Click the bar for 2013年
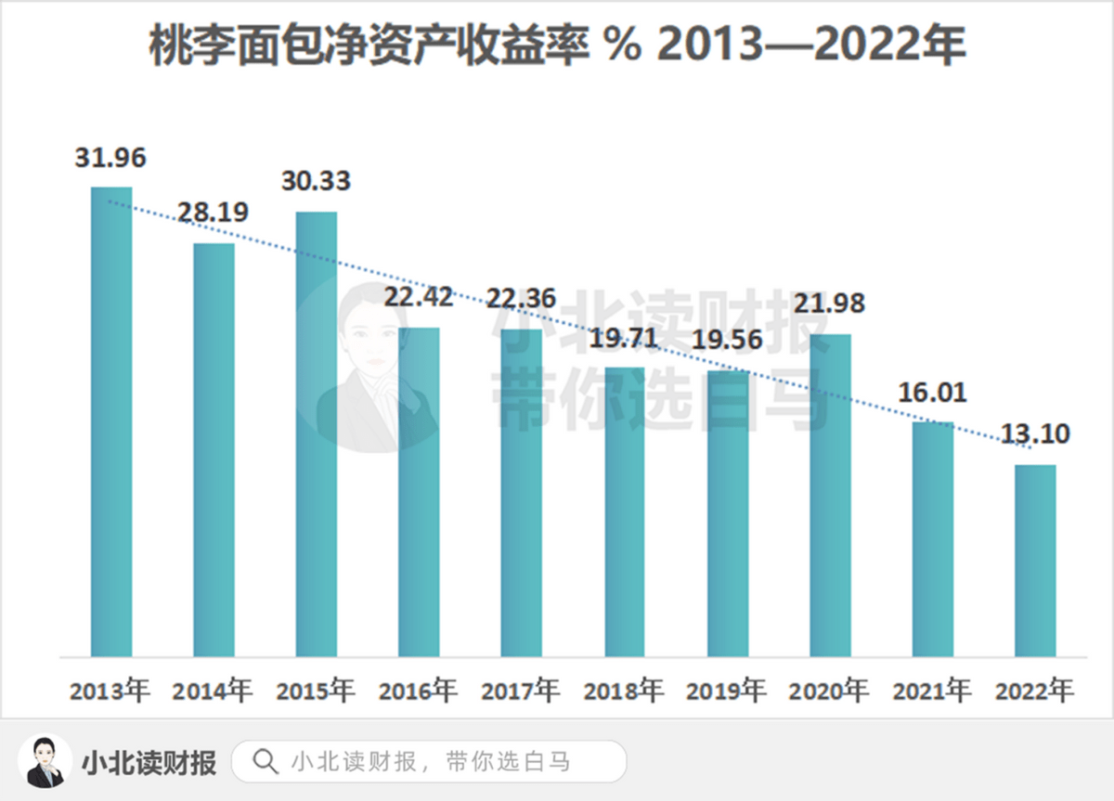tap(111, 422)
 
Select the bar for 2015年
tap(317, 434)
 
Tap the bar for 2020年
tap(830, 496)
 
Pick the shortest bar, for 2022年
tap(1035, 561)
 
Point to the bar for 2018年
tap(625, 512)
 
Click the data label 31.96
tap(111, 158)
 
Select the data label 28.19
tap(214, 213)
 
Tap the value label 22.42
tap(419, 297)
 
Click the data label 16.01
tap(932, 392)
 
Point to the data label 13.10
tap(1035, 433)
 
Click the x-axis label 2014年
tap(214, 691)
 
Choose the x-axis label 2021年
tap(932, 691)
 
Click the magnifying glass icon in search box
tap(266, 762)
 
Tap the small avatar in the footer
tap(45, 761)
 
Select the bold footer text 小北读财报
tap(149, 762)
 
